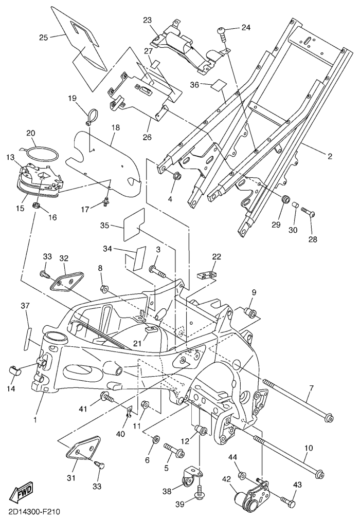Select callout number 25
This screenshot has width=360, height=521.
pyautogui.click(x=44, y=37)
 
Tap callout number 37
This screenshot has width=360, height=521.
pyautogui.click(x=25, y=306)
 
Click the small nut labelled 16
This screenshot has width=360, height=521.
pyautogui.click(x=37, y=206)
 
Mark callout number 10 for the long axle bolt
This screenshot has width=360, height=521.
pyautogui.click(x=308, y=449)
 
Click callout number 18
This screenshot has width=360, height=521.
pyautogui.click(x=115, y=127)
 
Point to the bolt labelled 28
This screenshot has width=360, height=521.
pyautogui.click(x=309, y=212)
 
